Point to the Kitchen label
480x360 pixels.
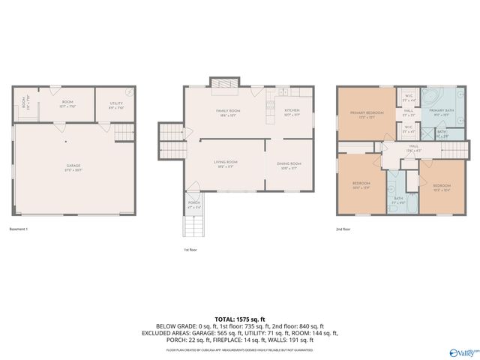pyautogui.click(x=292, y=111)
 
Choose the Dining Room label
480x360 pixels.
pyautogui.click(x=289, y=164)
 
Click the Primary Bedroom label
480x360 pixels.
pyautogui.click(x=367, y=114)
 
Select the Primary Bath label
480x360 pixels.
pyautogui.click(x=442, y=112)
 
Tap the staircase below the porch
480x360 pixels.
pyautogui.click(x=193, y=225)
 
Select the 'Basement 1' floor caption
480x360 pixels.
pyautogui.click(x=19, y=229)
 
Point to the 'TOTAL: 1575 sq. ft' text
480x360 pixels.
pyautogui.click(x=239, y=319)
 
